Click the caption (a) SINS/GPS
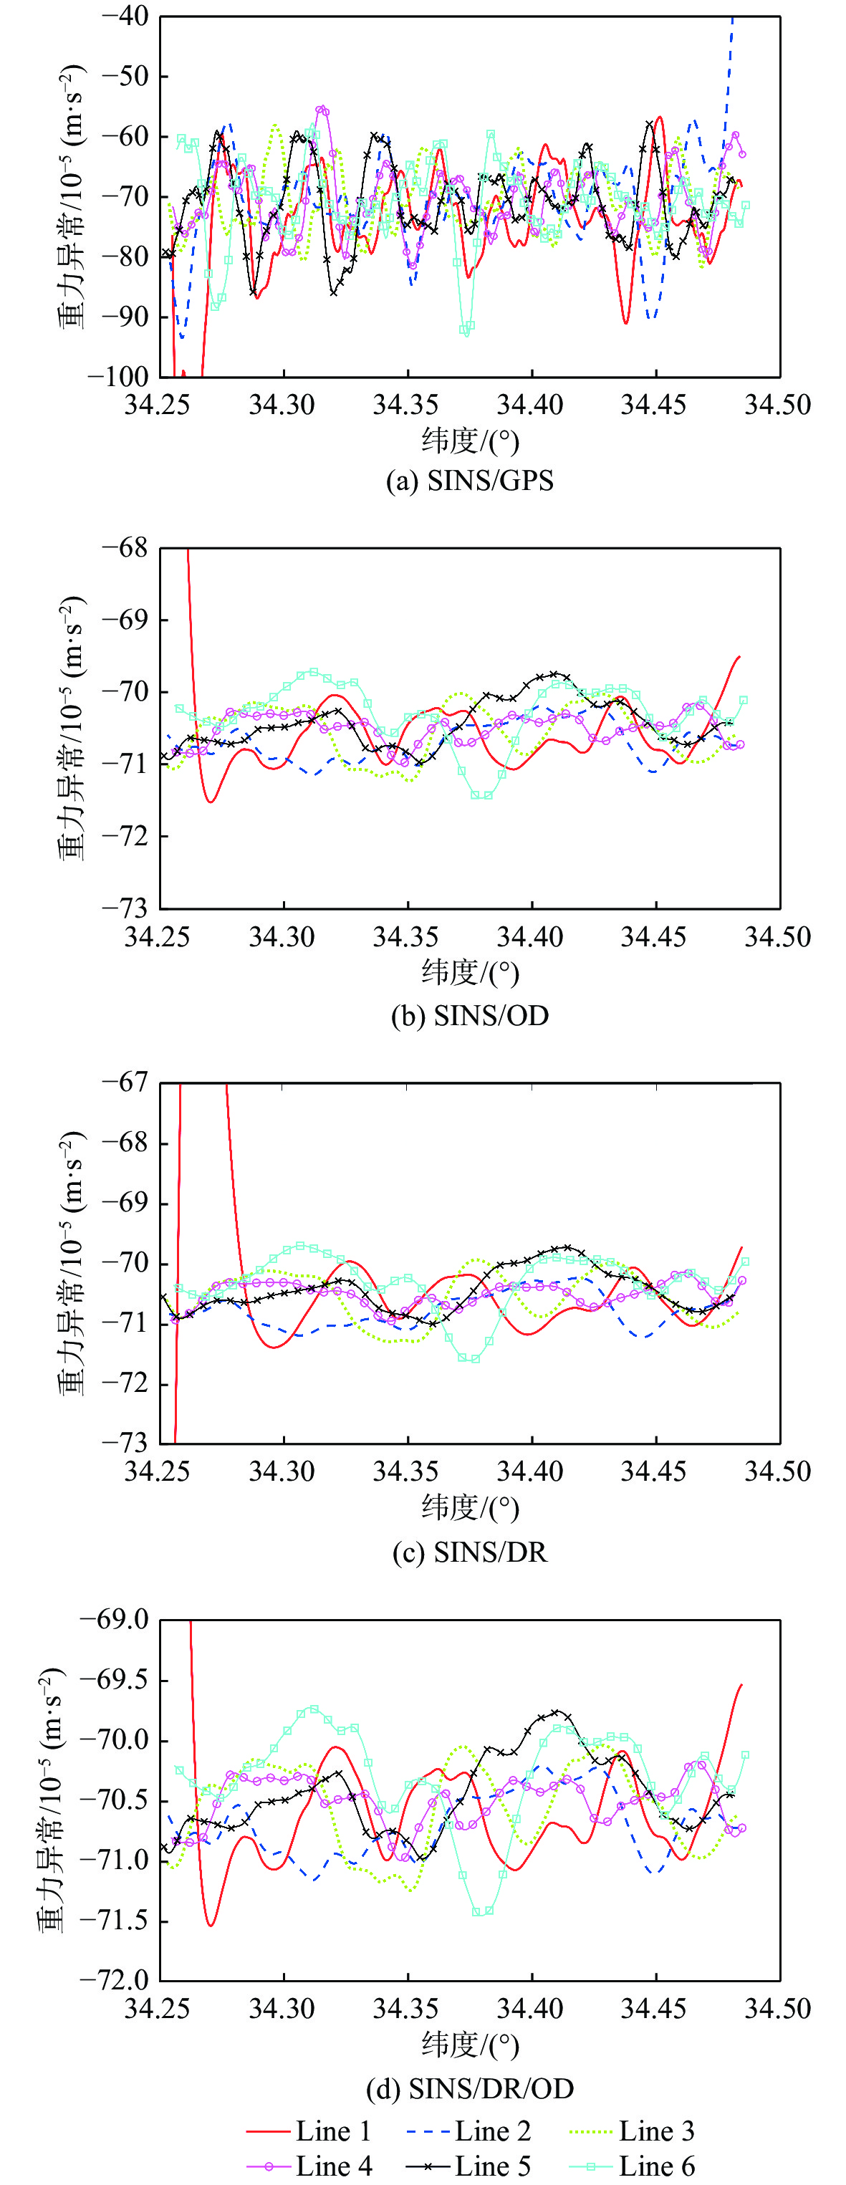pyautogui.click(x=469, y=481)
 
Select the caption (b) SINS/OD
pyautogui.click(x=469, y=1014)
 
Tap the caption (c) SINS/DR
pyautogui.click(x=469, y=1552)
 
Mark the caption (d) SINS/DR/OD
pyautogui.click(x=469, y=2088)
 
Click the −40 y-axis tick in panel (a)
pyautogui.click(x=125, y=16)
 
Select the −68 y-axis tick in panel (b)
pyautogui.click(x=125, y=548)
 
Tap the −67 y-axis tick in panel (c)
pyautogui.click(x=125, y=1082)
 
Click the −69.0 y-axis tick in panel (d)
pyautogui.click(x=114, y=1619)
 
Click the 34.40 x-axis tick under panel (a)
pyautogui.click(x=532, y=405)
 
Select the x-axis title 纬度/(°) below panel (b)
pyautogui.click(x=469, y=972)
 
